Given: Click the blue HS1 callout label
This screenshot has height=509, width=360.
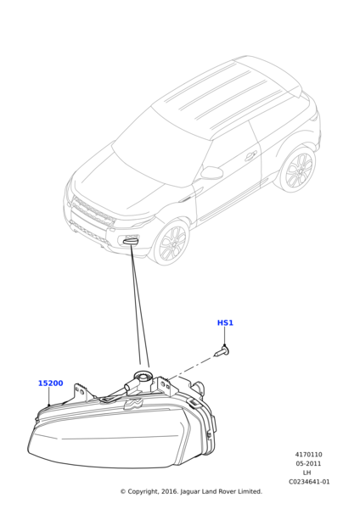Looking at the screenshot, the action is pos(225,322).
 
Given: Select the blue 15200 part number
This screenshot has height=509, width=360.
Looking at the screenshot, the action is pos(51,383).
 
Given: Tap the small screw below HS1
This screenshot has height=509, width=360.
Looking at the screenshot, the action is pos(222,351).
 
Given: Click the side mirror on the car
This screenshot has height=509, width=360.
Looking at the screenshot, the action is pos(211,173).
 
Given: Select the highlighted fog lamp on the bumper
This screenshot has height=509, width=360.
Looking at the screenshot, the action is pos(131,241).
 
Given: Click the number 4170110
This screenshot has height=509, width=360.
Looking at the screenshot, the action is pos(309,455).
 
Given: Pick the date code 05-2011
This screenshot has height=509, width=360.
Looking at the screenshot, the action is pos(308,463).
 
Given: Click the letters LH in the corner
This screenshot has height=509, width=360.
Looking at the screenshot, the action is pos(307,473).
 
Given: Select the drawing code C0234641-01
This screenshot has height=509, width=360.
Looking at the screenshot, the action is pos(309,482).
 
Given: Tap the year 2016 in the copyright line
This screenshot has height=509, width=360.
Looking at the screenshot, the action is pos(170,492).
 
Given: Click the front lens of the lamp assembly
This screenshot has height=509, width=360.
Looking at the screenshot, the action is pos(107,445).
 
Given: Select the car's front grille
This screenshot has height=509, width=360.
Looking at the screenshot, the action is pos(93,211).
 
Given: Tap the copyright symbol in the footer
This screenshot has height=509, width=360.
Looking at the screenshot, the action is pos(123,492).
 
